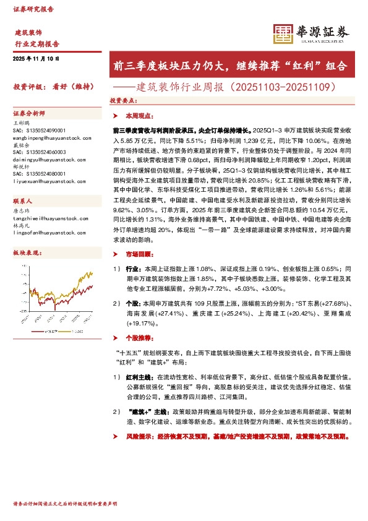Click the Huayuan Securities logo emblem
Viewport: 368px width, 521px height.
(283, 34)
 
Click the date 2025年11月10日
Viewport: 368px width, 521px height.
(36, 58)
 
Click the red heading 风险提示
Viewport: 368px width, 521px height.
(137, 436)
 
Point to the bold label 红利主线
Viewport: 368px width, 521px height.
(139, 377)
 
